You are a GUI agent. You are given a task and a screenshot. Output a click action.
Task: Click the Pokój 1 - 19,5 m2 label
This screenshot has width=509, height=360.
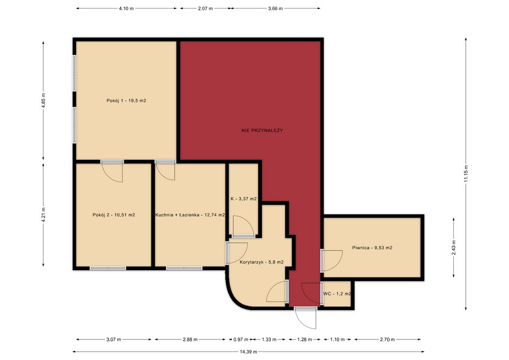pos(126,101)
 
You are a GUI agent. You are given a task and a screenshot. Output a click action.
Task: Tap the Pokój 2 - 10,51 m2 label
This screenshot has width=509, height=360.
pos(113,215)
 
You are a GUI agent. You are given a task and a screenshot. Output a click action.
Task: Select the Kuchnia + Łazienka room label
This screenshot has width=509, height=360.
pos(190,215)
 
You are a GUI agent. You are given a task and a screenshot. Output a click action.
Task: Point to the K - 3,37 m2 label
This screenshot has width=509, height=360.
pos(243,199)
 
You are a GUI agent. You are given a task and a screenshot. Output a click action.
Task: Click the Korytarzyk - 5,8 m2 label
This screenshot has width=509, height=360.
pos(261,262)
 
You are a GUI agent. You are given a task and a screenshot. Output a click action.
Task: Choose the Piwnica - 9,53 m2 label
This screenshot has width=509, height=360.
pos(372,248)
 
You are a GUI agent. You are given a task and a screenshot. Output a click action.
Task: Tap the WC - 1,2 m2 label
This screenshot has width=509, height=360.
pos(337,294)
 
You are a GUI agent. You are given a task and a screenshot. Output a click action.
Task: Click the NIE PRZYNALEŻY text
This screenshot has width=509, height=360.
pos(262,130)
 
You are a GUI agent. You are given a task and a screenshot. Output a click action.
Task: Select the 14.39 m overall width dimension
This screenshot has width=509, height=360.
pos(248,352)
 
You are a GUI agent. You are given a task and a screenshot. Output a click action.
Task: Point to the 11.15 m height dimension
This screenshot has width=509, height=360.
pos(466,174)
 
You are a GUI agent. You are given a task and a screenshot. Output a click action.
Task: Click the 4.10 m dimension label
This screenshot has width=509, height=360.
pos(126,8)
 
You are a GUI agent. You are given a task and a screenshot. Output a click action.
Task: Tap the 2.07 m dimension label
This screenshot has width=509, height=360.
pos(205,8)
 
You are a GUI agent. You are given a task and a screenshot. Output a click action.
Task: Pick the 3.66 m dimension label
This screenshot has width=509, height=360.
pos(275,8)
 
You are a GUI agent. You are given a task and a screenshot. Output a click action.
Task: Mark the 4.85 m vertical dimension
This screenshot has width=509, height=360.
pos(43,101)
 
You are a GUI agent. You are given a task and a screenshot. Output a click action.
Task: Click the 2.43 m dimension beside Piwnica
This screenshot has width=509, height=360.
pos(453,248)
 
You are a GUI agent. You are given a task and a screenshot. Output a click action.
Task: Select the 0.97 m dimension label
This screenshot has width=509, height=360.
pos(241,339)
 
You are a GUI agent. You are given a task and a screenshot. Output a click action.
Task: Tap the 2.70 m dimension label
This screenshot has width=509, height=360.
pos(387,339)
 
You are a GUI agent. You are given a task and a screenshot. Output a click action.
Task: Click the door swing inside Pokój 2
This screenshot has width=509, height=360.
pos(112,171)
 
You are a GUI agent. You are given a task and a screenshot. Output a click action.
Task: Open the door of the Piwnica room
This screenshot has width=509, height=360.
pos(332,261)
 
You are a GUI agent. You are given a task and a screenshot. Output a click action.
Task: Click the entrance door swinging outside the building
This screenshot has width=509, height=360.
pos(305,318)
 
